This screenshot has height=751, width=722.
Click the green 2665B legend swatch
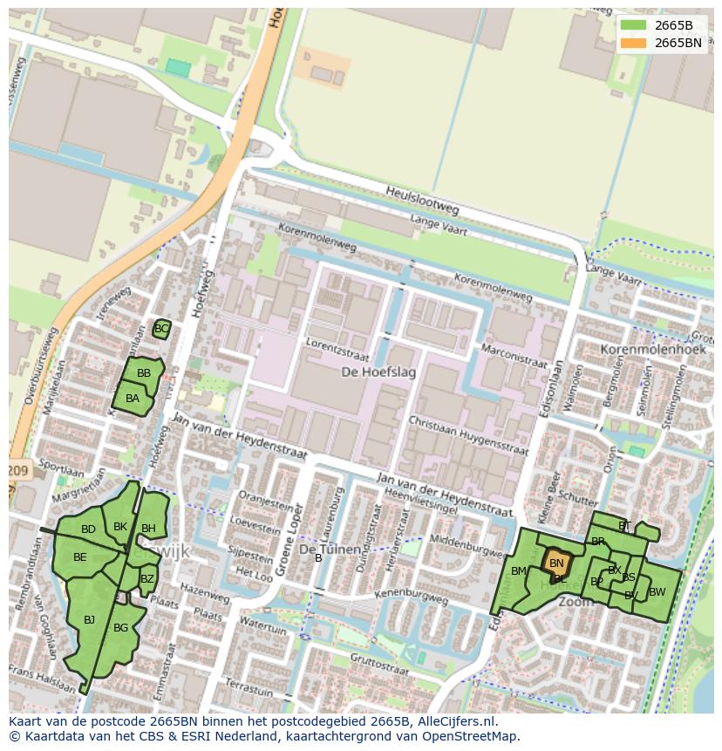point(634,25)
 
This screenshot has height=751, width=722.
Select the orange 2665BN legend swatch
point(634,43)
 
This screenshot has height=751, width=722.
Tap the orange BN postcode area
point(556,563)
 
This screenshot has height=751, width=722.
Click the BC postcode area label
point(160,329)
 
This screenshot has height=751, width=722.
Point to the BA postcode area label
point(133,399)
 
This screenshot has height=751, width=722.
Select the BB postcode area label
point(144,373)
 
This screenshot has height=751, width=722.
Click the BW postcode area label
point(657,592)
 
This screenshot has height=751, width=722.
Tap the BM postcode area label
point(519,571)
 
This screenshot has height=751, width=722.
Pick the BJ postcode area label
point(89,620)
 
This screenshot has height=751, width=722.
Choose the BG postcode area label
point(120,628)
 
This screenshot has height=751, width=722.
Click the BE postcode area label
point(79,557)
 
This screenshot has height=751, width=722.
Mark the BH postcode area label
point(148,529)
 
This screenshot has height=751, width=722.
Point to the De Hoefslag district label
point(378,372)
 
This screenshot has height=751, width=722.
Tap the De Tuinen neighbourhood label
point(330,550)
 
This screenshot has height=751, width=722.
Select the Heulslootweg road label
point(423,201)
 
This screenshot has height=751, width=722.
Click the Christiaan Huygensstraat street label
point(468,436)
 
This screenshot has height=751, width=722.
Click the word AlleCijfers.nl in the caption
point(455,722)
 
